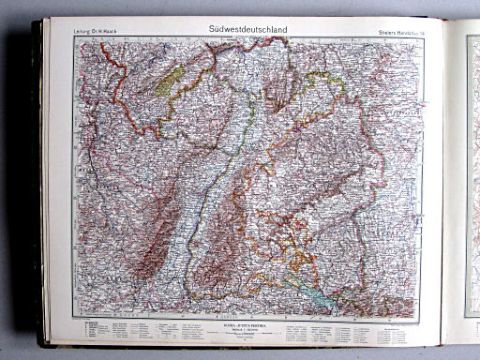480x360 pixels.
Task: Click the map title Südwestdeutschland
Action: click(250, 30)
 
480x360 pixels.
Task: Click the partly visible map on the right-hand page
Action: click(472, 169)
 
